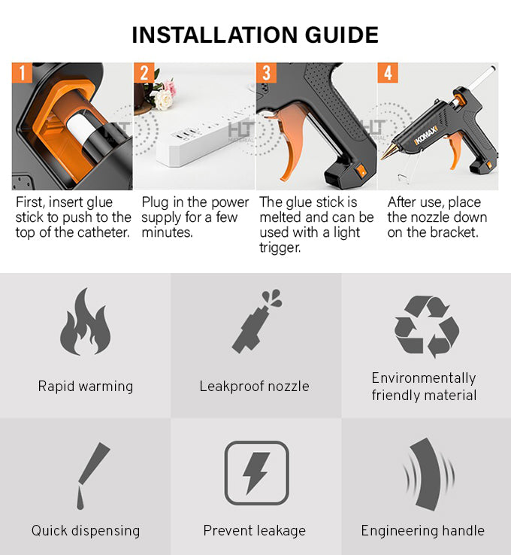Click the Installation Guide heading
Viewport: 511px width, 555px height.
click(x=255, y=35)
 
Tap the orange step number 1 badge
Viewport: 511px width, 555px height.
click(x=22, y=73)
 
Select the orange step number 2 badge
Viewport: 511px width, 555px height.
click(x=146, y=73)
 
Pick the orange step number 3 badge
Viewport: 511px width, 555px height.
click(x=266, y=73)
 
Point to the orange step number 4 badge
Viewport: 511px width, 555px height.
click(x=388, y=73)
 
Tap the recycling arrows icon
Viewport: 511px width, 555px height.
click(x=426, y=326)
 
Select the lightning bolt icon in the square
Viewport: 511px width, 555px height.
click(x=255, y=473)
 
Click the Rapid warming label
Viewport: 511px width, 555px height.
click(x=85, y=387)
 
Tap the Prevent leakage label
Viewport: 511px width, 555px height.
click(x=255, y=531)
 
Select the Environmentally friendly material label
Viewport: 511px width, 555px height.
click(x=424, y=387)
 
